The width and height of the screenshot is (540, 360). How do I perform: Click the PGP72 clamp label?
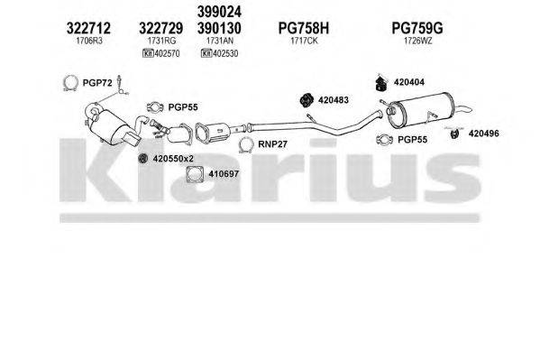pos(97,84)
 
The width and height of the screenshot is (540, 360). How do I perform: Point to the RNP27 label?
pos(272,143)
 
